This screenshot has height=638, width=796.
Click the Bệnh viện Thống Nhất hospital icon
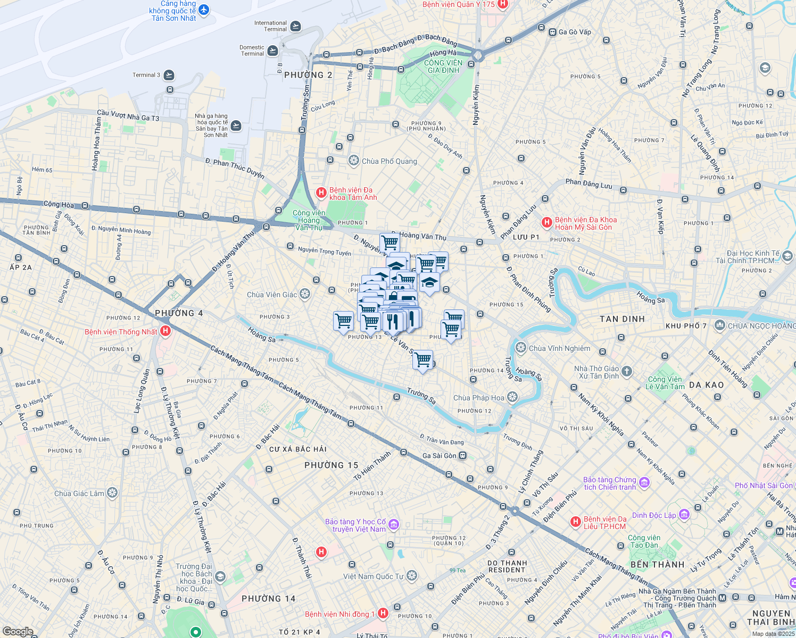point(165,331)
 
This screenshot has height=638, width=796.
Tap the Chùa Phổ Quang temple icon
point(353,161)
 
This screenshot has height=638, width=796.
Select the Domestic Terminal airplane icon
point(272,51)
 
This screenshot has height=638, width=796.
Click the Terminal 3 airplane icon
point(169,75)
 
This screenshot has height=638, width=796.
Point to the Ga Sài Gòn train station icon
point(463,456)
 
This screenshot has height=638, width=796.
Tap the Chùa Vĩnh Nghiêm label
point(559,348)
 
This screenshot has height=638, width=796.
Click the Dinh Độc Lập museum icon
point(684,515)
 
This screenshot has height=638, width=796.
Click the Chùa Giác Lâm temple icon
point(112,493)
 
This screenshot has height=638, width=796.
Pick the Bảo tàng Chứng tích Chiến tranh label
point(609,483)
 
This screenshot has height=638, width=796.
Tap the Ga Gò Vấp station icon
point(552,32)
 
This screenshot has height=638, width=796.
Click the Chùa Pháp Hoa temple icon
point(512,397)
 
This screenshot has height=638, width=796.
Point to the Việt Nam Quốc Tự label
point(373,576)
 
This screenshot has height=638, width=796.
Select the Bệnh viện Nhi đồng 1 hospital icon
point(383,614)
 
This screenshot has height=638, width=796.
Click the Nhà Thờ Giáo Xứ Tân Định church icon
point(627,372)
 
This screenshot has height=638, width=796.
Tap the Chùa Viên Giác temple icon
point(305,294)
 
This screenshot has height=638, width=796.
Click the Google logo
point(18,632)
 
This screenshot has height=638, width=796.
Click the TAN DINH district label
point(622,319)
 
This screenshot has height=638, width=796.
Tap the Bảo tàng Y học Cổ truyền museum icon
point(394,525)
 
